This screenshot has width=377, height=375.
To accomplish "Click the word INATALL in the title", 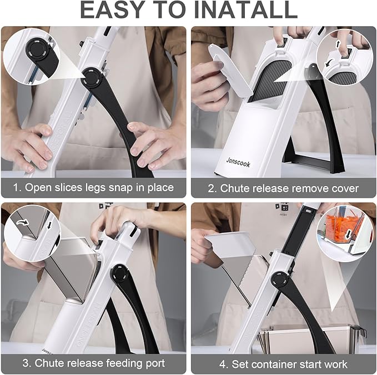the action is pyautogui.click(x=246, y=9).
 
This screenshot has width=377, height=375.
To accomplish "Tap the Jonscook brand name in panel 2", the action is pyautogui.click(x=238, y=163).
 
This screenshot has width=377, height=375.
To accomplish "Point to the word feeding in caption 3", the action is pyautogui.click(x=124, y=363).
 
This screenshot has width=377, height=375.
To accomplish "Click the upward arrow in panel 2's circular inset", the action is pyautogui.click(x=338, y=44).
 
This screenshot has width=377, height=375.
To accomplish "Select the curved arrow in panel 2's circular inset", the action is pyautogui.click(x=328, y=63).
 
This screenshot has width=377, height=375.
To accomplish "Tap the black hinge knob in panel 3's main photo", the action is pyautogui.click(x=119, y=273).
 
